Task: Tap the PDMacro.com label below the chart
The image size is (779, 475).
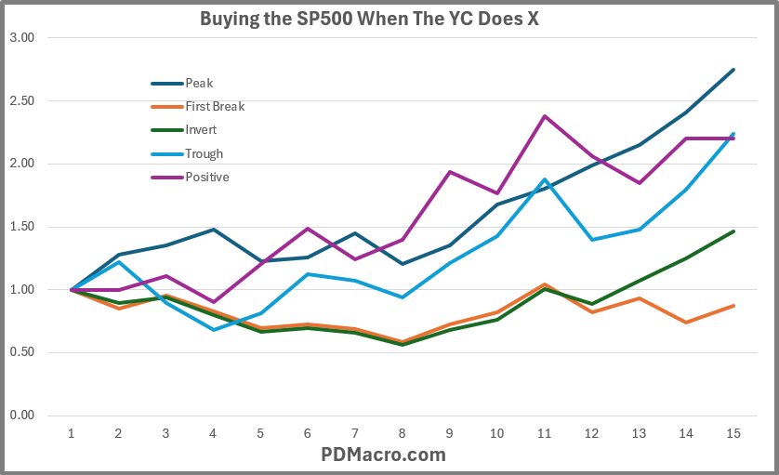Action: [383, 455]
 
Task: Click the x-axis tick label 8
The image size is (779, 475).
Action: [402, 433]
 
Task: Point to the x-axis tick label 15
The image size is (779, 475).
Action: [733, 433]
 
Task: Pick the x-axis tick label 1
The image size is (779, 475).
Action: [71, 433]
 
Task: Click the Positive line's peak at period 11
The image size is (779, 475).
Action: [544, 116]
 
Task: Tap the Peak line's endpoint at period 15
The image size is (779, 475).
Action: [733, 70]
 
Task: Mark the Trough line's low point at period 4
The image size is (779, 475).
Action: [213, 329]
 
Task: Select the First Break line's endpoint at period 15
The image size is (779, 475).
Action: [733, 306]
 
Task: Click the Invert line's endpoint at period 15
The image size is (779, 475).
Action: [733, 231]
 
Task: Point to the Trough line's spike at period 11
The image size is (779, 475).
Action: [544, 179]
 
